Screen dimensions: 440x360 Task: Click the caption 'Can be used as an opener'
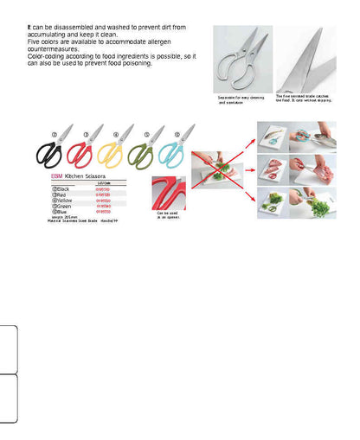pyautogui.click(x=168, y=216)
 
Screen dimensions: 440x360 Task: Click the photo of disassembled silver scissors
pyautogui.click(x=241, y=60)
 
